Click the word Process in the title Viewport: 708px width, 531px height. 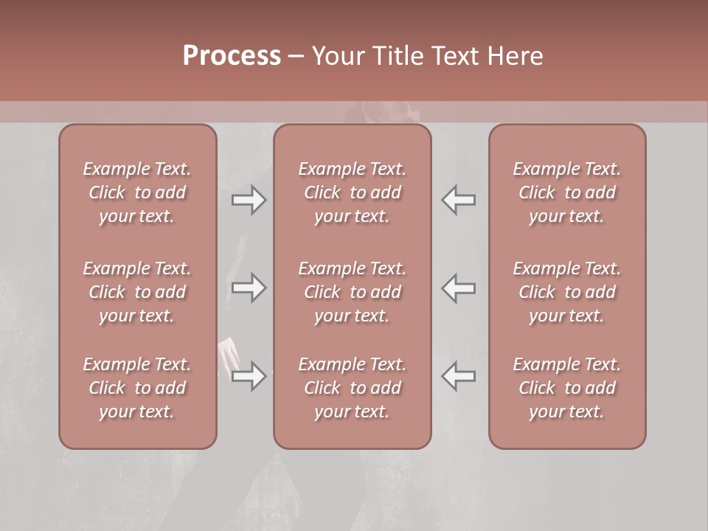pos(232,56)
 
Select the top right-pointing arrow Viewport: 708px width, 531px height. pos(249,200)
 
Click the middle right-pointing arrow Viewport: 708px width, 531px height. pos(249,288)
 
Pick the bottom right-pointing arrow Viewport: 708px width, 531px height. pos(249,376)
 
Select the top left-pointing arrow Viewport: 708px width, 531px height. pos(459,200)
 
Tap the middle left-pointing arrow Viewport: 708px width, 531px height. pos(459,288)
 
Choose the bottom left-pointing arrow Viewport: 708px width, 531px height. pos(459,376)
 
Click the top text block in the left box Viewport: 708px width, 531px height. pos(137,192)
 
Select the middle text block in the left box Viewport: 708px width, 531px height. pos(137,292)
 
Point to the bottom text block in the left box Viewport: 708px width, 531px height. pos(137,388)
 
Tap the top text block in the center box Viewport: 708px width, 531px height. pos(352,192)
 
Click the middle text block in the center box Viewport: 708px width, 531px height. pos(352,292)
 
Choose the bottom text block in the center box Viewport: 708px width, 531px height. pos(352,388)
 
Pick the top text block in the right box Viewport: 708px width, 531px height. pos(566,192)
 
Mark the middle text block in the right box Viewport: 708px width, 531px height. pos(566,292)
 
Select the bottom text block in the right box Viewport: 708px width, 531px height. pos(566,388)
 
